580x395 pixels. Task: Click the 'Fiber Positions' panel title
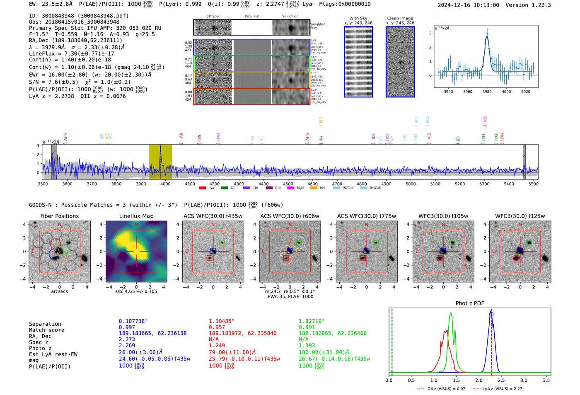click(59, 216)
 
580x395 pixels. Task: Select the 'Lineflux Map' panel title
click(136, 216)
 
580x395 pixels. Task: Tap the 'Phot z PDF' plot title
click(470, 303)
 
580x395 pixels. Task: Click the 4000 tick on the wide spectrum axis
click(165, 184)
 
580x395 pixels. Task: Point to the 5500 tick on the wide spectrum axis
click(533, 184)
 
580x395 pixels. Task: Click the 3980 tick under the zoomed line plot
click(487, 92)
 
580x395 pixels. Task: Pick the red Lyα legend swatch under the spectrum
click(202, 188)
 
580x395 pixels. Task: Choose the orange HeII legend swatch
click(314, 188)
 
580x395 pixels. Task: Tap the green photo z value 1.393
click(307, 345)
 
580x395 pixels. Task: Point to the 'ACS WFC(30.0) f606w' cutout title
click(290, 216)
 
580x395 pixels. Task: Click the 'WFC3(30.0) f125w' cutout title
click(520, 216)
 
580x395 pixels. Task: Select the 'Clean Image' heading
click(400, 18)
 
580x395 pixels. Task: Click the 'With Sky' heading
click(358, 18)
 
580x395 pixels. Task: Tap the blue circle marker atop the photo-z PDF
click(491, 314)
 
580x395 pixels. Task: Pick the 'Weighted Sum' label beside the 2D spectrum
click(317, 26)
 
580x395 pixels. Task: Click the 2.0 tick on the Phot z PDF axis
click(479, 380)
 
